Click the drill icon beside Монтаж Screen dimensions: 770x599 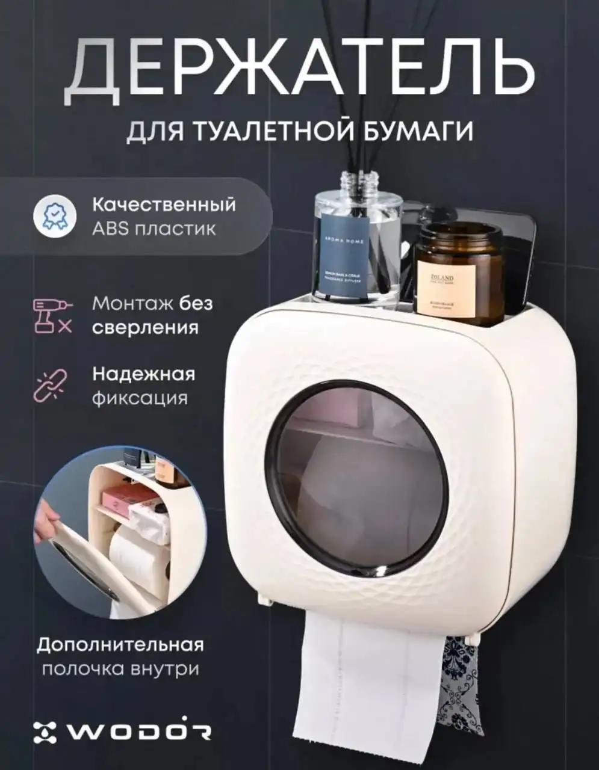(x=52, y=315)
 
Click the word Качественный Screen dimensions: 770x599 (x=164, y=205)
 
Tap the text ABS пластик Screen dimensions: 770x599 (x=154, y=229)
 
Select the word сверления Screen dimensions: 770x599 (x=145, y=328)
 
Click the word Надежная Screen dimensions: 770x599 (x=143, y=374)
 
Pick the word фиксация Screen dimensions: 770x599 (x=140, y=398)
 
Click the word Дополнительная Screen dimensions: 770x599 (x=120, y=645)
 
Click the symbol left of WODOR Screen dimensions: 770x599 (x=45, y=731)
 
